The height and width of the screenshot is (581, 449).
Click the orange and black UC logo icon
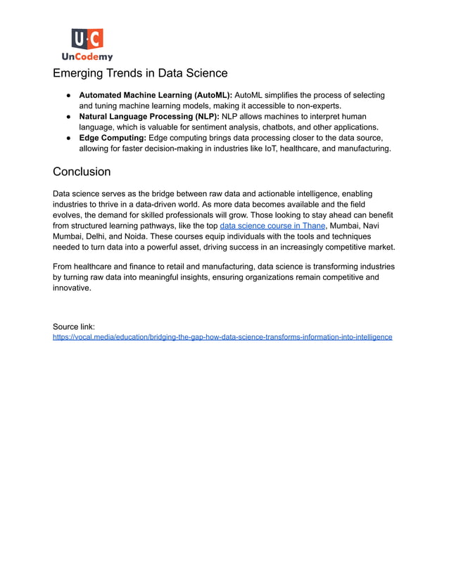87,39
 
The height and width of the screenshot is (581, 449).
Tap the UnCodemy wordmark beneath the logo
87,56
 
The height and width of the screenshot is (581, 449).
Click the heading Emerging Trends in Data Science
140,73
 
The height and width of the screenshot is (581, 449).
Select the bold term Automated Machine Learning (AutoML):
155,95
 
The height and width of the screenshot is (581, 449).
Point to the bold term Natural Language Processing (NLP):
149,116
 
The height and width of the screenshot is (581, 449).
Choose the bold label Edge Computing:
113,138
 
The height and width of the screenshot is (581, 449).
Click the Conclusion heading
82,172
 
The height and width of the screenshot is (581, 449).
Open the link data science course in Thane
272,226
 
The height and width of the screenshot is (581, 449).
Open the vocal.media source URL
222,337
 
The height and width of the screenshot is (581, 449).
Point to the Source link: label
74,326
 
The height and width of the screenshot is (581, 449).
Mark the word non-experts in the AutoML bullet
314,106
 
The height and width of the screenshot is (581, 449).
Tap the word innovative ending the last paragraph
72,288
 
